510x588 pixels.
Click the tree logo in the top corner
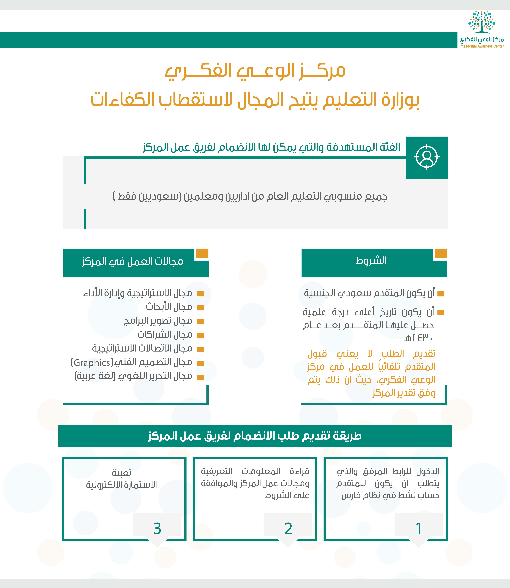coord(482,22)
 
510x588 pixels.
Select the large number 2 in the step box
coord(288,529)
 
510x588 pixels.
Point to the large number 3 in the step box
coord(157,529)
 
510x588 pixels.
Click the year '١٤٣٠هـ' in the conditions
coord(418,338)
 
